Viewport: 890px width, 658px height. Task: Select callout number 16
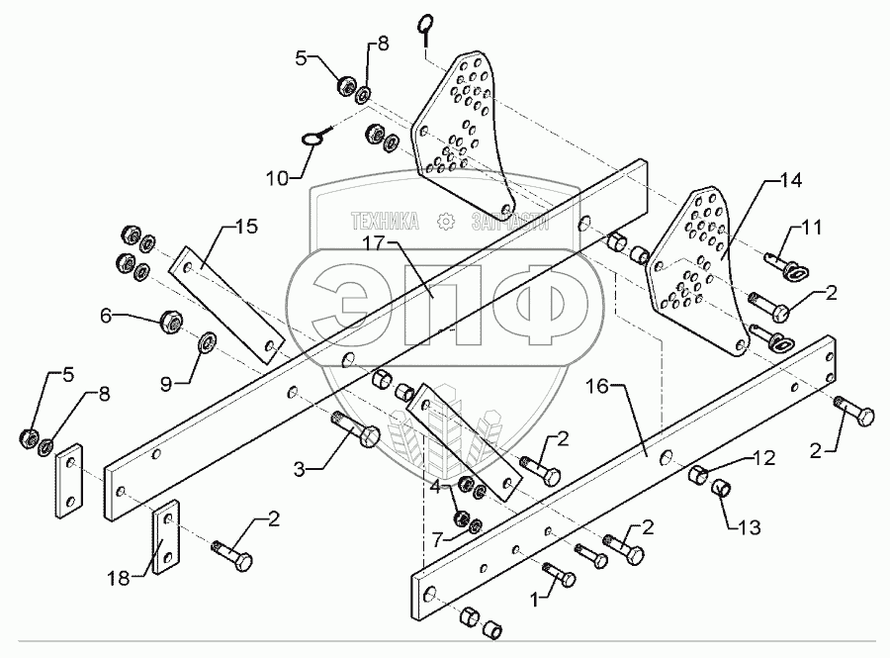[607, 385]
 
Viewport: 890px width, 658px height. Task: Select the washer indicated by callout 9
[210, 343]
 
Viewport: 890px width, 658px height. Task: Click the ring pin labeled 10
[314, 140]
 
